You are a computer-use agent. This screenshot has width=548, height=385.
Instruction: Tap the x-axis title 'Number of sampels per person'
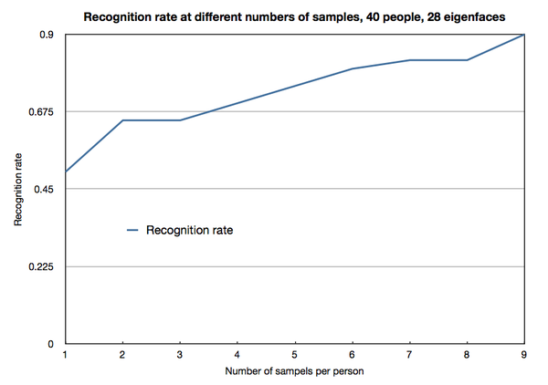294,372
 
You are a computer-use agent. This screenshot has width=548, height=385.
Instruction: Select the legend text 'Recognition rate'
190,230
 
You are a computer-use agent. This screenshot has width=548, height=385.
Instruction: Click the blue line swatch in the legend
135,230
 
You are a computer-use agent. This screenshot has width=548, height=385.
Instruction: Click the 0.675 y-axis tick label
43,111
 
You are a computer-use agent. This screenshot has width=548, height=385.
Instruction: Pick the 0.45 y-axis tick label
47,189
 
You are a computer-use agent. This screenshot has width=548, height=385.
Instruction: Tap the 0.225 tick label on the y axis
43,266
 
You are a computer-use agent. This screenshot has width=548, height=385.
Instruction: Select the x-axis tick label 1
66,354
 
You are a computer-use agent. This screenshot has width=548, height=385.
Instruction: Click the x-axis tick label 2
122,354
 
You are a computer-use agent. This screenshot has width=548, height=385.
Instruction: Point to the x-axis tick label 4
237,354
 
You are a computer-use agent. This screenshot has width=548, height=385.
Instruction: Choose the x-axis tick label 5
294,354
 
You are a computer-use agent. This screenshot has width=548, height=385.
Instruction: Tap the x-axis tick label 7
409,354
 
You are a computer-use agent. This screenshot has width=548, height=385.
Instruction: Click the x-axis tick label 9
522,354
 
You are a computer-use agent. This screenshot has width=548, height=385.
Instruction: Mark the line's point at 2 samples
122,120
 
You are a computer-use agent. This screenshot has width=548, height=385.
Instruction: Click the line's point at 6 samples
352,68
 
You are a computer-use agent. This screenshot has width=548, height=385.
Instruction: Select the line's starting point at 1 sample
66,172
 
